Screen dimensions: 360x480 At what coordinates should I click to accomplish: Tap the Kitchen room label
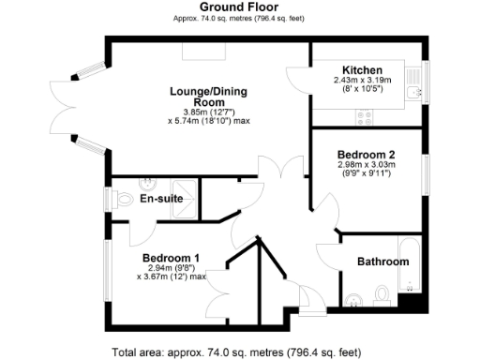pos(361,70)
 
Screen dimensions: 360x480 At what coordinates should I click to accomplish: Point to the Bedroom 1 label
pos(171,257)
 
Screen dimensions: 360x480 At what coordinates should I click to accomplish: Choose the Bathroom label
pos(382,262)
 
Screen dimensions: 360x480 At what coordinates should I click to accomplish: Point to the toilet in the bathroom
pos(381,295)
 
